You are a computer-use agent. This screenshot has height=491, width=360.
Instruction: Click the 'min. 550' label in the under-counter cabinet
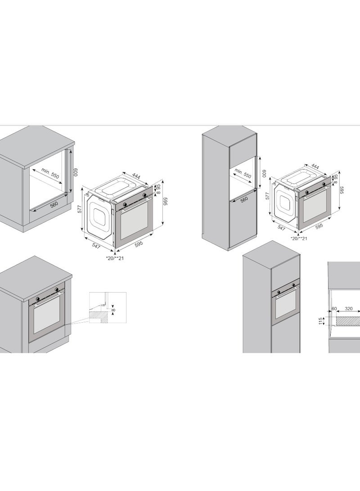pos(50,172)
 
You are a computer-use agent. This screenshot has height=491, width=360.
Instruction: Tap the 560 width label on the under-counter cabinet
pos(54,204)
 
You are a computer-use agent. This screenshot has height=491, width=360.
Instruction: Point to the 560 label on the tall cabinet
pos(244,199)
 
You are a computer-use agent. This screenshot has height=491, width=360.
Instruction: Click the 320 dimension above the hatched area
pos(349,309)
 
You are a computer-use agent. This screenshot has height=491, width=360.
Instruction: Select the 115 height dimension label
pos(320,321)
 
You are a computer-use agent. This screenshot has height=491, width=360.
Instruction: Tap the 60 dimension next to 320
pos(334,309)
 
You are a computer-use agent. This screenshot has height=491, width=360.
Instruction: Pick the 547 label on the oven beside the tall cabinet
pos(282,228)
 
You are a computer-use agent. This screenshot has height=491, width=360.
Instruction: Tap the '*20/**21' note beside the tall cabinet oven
pos(299,239)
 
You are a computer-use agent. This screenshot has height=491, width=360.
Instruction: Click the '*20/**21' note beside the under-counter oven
pos(115,258)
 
